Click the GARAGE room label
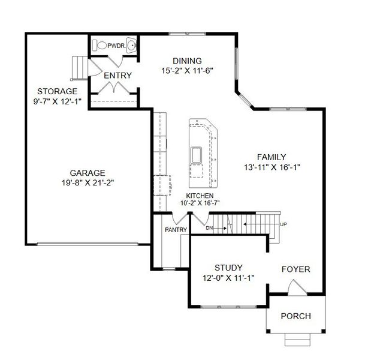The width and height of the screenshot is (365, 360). click(87, 171)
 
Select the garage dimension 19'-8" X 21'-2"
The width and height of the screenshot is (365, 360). click(87, 182)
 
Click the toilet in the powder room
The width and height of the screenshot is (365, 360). click(101, 45)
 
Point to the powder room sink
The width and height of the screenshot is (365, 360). click(131, 45)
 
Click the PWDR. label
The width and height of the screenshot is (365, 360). click(116, 45)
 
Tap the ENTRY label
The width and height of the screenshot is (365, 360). click(117, 75)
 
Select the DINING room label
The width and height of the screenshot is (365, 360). click(187, 61)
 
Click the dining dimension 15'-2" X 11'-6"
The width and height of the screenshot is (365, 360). click(187, 71)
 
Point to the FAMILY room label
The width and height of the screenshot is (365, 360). click(272, 157)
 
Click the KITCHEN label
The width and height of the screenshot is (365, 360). click(200, 196)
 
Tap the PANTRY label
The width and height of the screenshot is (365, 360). click(176, 230)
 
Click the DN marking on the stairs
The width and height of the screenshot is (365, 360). click(209, 228)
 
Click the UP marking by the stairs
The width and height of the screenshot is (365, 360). click(283, 224)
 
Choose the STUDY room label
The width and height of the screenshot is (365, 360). click(228, 267)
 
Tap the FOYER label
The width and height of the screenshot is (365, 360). click(296, 269)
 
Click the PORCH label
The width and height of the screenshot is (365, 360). click(296, 316)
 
